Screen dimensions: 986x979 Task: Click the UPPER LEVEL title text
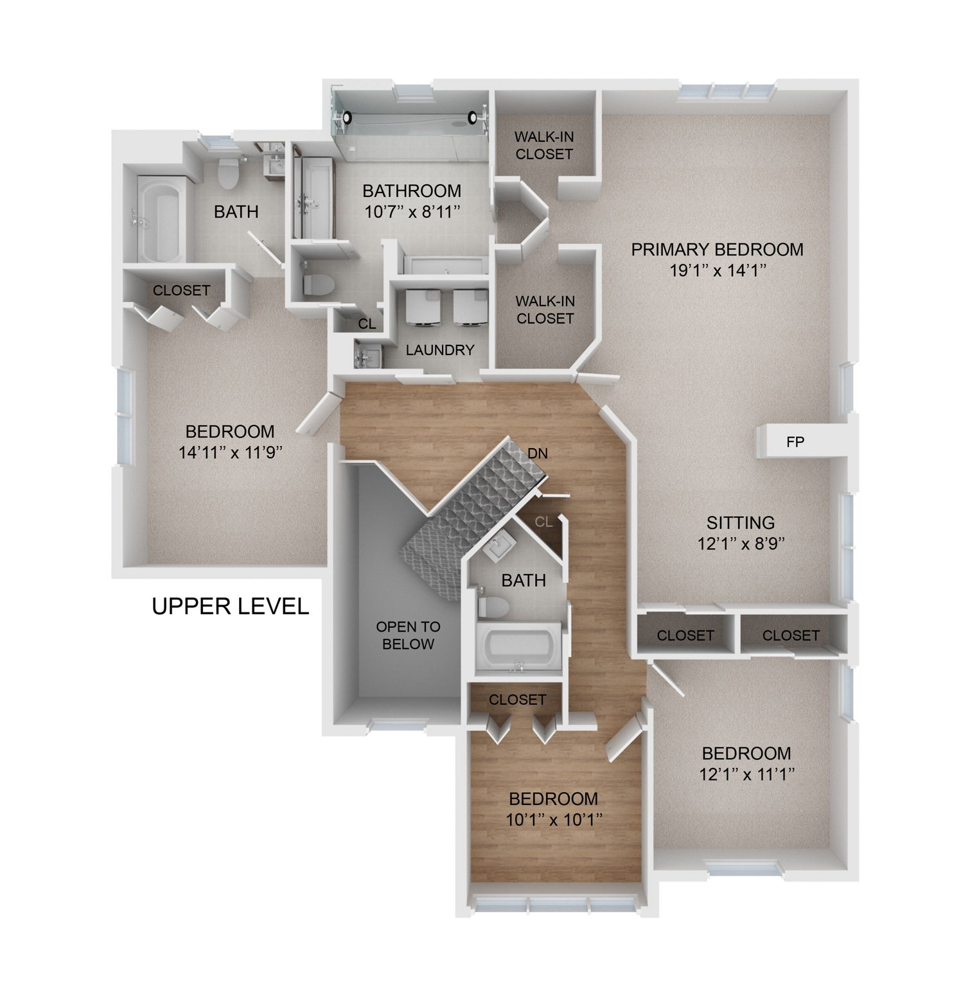point(230,606)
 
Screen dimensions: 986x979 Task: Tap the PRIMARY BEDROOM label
point(717,250)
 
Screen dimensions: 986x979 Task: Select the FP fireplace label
point(795,442)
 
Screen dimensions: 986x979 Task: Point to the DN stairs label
point(537,454)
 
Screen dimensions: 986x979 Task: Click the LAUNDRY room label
point(440,350)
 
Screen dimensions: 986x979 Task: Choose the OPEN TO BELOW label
point(408,636)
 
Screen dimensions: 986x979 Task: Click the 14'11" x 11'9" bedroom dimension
point(231,453)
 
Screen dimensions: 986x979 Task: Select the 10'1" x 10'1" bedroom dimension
point(553,820)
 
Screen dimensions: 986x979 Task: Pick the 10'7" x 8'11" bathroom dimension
point(412,212)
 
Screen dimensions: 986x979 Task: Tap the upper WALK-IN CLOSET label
point(544,146)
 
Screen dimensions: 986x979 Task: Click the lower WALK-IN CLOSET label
point(545,309)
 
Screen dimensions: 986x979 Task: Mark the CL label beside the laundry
point(367,324)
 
